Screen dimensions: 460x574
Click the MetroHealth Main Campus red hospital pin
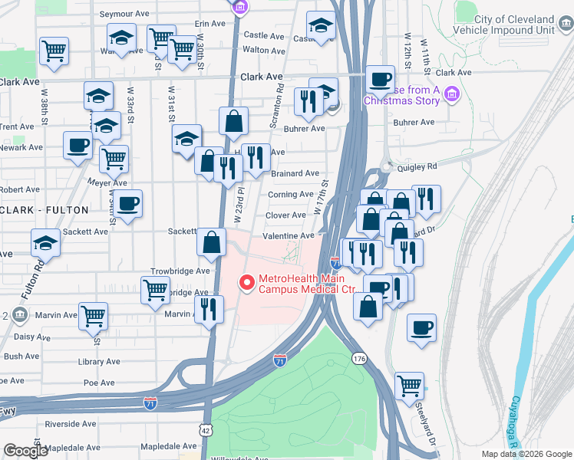pyautogui.click(x=247, y=283)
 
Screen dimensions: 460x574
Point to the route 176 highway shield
pyautogui.click(x=358, y=358)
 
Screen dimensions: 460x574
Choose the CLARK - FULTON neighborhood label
pyautogui.click(x=44, y=209)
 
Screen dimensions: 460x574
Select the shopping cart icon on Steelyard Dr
pyautogui.click(x=410, y=385)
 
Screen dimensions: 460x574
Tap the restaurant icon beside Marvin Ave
pyautogui.click(x=208, y=309)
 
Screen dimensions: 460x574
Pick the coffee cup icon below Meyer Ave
pyautogui.click(x=128, y=203)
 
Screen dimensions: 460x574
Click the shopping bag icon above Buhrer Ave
pyautogui.click(x=233, y=120)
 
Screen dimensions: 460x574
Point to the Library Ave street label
pyautogui.click(x=100, y=360)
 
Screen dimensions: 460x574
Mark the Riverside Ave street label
pyautogui.click(x=71, y=423)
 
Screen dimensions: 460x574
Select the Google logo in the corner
pyautogui.click(x=25, y=451)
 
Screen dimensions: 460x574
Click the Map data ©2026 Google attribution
pyautogui.click(x=526, y=454)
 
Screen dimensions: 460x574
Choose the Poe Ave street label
pyautogui.click(x=99, y=383)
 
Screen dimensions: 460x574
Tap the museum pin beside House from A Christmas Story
pyautogui.click(x=451, y=94)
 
